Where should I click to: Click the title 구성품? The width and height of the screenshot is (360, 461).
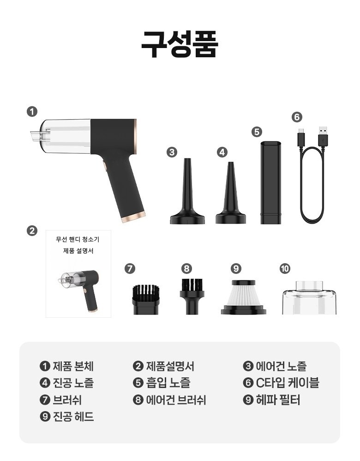[x=180, y=44]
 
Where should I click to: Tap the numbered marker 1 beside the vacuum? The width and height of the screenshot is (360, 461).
[x=32, y=112]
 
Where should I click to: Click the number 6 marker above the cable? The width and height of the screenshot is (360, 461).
[x=297, y=117]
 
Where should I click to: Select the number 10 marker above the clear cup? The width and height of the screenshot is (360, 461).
[x=285, y=268]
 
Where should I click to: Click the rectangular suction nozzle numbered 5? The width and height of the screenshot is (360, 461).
[x=270, y=182]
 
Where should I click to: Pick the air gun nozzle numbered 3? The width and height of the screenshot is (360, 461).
[x=187, y=191]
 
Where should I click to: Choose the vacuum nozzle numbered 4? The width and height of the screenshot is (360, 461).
[x=231, y=193]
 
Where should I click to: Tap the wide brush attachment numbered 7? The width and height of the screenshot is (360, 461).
[x=146, y=299]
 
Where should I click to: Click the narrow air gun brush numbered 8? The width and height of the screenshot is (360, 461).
[x=192, y=297]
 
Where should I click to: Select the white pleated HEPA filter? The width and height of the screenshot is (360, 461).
[x=243, y=297]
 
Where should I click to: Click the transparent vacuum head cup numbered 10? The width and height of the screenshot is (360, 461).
[x=309, y=298]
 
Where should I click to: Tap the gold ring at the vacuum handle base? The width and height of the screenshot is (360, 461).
[x=134, y=217]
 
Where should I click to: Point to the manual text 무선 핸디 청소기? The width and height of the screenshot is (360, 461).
[x=78, y=239]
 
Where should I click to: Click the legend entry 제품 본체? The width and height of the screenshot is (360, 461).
[x=73, y=366]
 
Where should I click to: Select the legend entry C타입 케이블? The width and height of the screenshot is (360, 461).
[x=288, y=383]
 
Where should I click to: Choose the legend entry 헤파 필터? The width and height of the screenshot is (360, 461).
[x=278, y=400]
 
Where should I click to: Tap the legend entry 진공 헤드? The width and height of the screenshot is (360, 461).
[x=73, y=417]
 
